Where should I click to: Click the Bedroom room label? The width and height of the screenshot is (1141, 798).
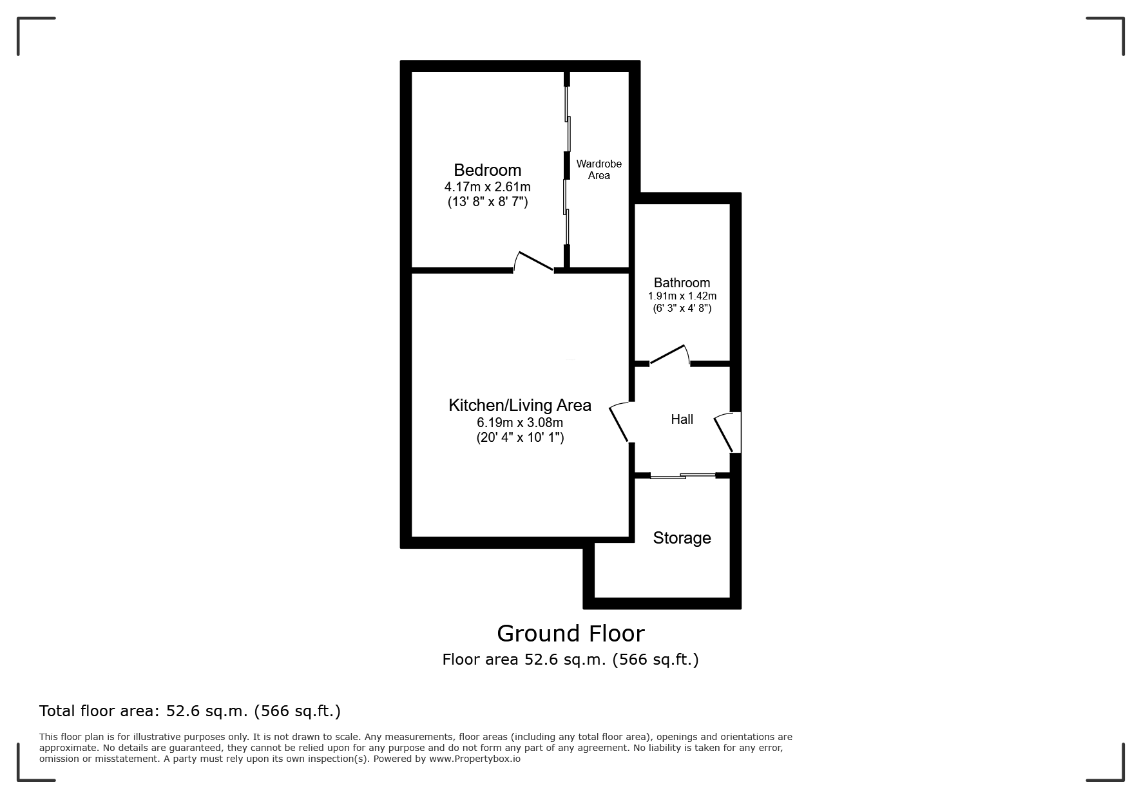pyautogui.click(x=487, y=170)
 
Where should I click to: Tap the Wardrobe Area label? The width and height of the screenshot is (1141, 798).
pyautogui.click(x=599, y=170)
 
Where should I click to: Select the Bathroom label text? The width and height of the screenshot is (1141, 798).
pyautogui.click(x=682, y=283)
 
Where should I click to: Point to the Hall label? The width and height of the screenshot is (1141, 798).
pyautogui.click(x=682, y=419)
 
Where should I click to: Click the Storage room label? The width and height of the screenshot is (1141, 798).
pyautogui.click(x=682, y=538)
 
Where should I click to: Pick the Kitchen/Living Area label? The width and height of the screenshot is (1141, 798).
pyautogui.click(x=520, y=405)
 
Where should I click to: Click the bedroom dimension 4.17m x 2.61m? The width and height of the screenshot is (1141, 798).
pyautogui.click(x=487, y=187)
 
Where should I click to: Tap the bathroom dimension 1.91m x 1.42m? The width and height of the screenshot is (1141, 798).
pyautogui.click(x=682, y=296)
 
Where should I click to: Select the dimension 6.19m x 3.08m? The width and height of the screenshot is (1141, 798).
pyautogui.click(x=520, y=423)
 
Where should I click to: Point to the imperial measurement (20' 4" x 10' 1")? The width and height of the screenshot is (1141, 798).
pyautogui.click(x=520, y=438)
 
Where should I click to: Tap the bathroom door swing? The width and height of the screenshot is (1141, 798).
pyautogui.click(x=670, y=355)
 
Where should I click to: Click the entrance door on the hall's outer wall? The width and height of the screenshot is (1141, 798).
pyautogui.click(x=727, y=432)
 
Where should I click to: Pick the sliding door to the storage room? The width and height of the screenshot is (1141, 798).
pyautogui.click(x=683, y=476)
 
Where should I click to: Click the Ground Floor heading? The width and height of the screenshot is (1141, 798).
pyautogui.click(x=570, y=634)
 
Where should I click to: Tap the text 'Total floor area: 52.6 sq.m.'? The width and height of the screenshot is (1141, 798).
pyautogui.click(x=144, y=711)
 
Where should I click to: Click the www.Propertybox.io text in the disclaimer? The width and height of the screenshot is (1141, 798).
pyautogui.click(x=475, y=759)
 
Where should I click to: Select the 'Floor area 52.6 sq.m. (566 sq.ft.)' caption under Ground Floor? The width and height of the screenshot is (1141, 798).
pyautogui.click(x=570, y=660)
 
